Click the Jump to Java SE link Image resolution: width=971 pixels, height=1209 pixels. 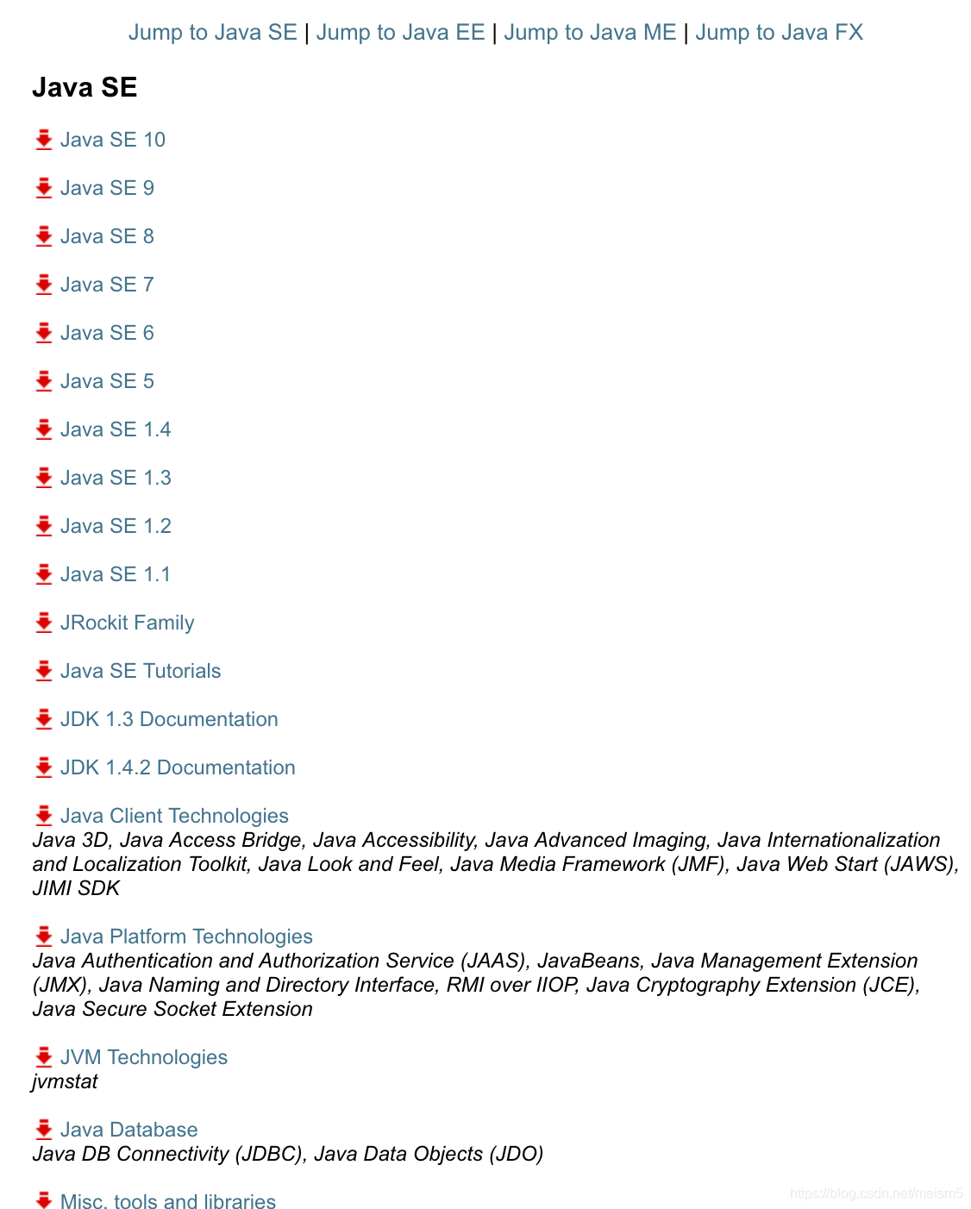tap(212, 33)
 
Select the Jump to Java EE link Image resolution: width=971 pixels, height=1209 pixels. tap(400, 33)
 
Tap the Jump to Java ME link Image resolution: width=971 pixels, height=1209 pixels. tap(590, 33)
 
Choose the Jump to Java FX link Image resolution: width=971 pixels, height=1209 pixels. tap(779, 33)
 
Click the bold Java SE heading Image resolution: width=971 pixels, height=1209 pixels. tap(85, 87)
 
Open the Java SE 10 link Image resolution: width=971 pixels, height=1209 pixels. tap(112, 140)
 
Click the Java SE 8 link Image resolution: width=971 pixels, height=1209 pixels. tap(107, 236)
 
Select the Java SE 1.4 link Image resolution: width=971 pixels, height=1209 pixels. tap(116, 429)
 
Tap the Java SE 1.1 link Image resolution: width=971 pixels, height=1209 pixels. tap(116, 574)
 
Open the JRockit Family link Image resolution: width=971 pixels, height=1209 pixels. tap(127, 623)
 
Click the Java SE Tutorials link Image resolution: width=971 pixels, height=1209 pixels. tap(141, 671)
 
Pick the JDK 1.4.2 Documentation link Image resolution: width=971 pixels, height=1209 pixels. tap(178, 767)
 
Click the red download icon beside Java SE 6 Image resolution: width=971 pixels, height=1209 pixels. tap(44, 333)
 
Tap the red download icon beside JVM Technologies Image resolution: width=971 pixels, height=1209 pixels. tap(44, 1057)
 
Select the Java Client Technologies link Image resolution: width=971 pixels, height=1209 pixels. tap(174, 816)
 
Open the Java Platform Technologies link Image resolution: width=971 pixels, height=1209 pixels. tap(186, 937)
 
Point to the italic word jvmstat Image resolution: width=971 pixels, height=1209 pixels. tap(66, 1081)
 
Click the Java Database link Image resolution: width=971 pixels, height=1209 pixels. tap(128, 1130)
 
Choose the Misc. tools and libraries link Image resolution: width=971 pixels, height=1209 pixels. tap(168, 1201)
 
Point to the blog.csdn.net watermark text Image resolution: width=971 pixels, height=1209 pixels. tap(876, 1193)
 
